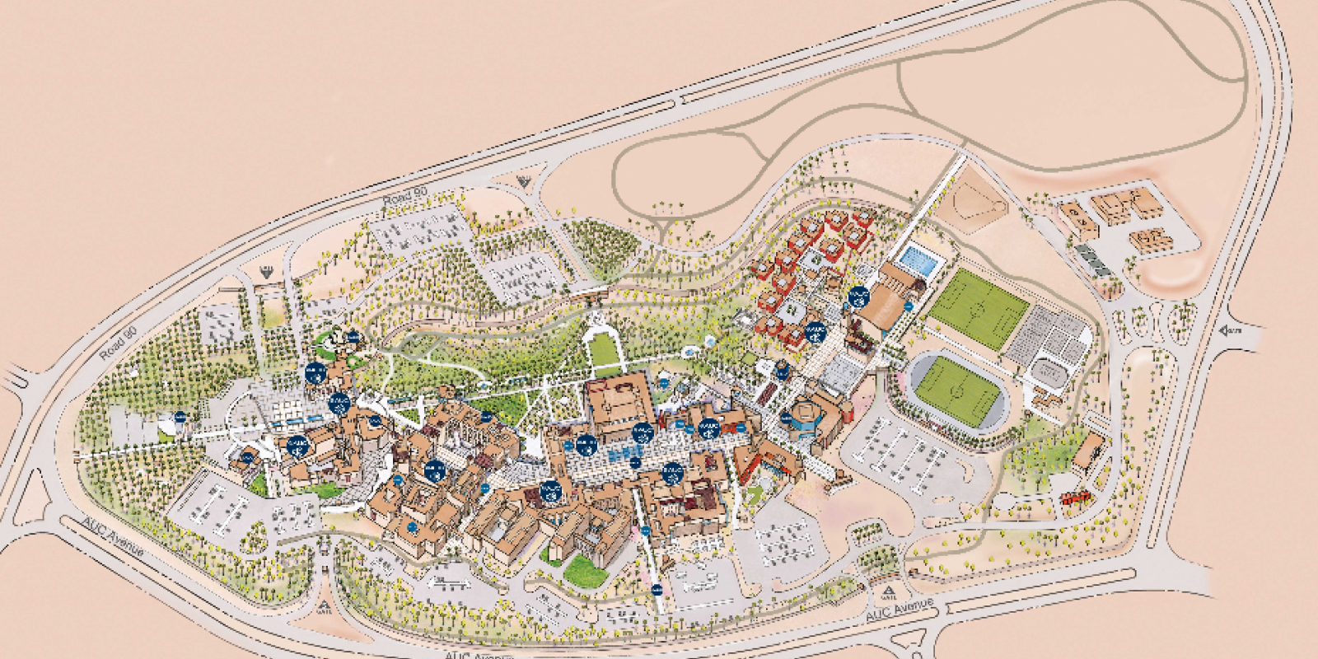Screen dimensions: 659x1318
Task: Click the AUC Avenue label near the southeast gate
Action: (x=900, y=611)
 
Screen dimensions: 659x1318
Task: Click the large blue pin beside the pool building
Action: (x=858, y=297)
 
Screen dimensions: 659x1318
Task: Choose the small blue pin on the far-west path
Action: (x=180, y=417)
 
